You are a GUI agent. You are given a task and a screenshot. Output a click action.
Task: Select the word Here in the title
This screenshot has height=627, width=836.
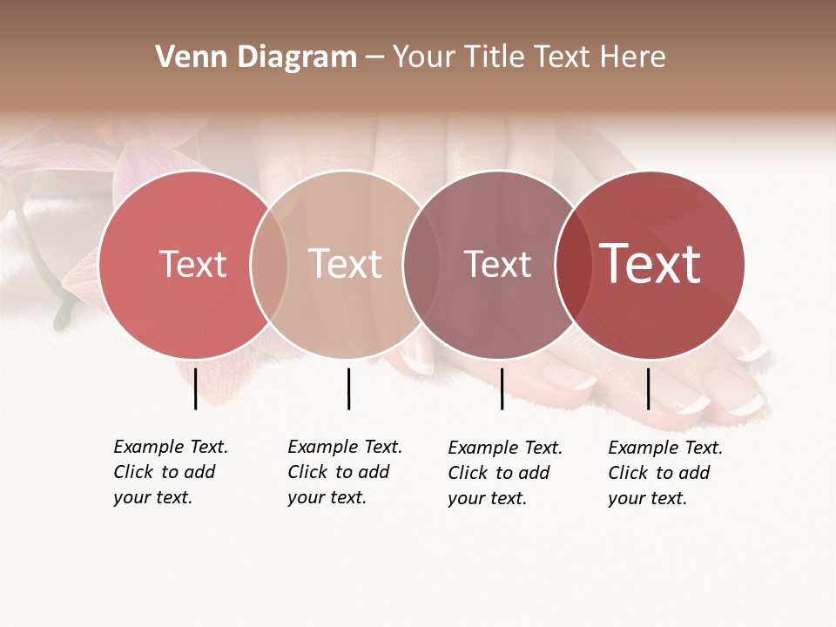(x=635, y=57)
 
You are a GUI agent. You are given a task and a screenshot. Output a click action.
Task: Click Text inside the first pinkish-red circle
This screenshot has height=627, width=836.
(x=192, y=264)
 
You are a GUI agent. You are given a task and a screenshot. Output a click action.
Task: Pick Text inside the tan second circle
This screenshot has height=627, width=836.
(x=345, y=264)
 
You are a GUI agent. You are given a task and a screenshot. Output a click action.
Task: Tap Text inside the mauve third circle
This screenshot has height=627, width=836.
(x=497, y=264)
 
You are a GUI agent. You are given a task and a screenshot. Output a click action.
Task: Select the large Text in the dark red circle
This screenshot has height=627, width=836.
(x=651, y=264)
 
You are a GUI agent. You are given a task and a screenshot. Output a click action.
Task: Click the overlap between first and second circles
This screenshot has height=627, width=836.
(x=269, y=264)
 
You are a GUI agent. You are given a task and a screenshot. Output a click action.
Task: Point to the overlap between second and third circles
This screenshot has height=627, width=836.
(x=421, y=264)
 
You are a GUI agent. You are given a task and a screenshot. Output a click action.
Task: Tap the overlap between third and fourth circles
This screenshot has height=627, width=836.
(x=574, y=264)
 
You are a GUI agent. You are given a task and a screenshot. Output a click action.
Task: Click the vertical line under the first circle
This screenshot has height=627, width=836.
(x=195, y=388)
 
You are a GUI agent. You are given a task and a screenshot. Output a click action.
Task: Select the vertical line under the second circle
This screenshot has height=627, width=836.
(x=348, y=388)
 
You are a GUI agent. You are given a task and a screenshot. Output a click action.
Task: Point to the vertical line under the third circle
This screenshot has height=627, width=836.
(x=502, y=388)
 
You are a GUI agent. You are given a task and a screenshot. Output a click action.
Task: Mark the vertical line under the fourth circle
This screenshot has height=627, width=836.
(x=648, y=388)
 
